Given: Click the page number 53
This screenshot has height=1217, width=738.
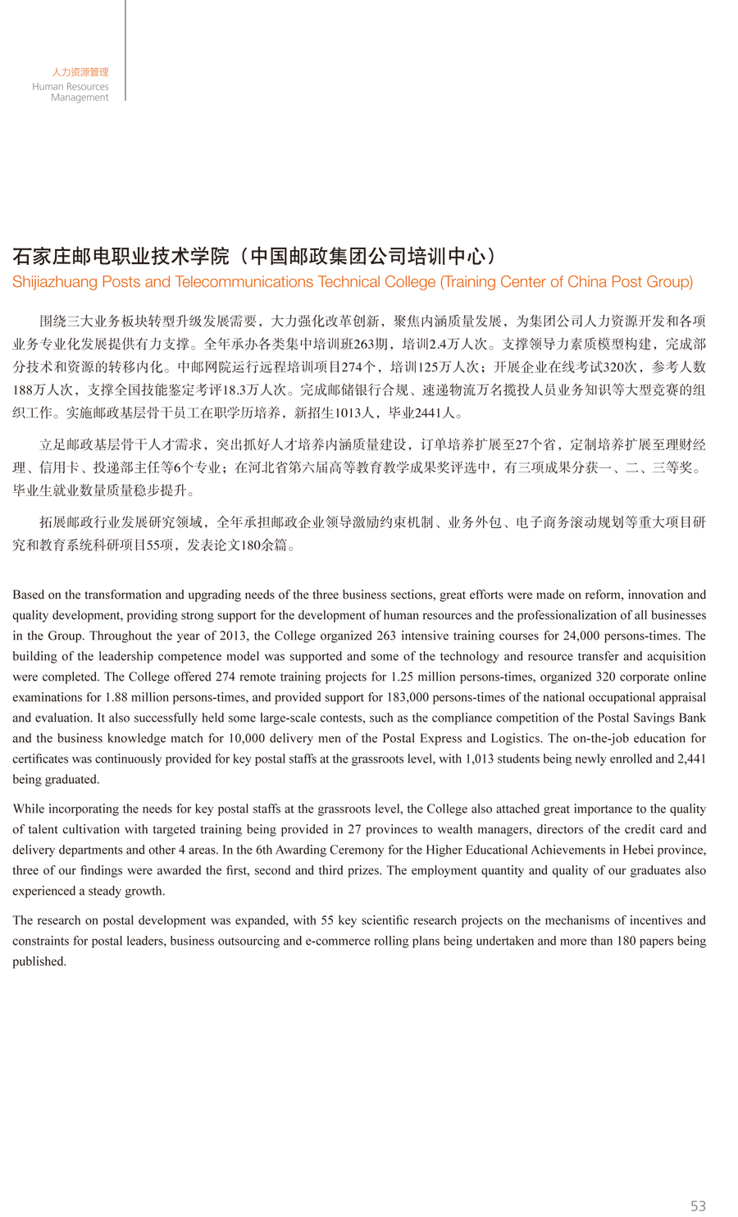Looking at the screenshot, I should click(698, 1206).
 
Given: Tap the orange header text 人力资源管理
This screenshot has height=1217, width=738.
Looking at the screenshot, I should click(80, 72).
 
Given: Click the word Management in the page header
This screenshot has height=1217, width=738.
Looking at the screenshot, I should click(80, 98).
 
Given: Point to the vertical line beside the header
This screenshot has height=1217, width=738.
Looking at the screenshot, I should click(125, 49).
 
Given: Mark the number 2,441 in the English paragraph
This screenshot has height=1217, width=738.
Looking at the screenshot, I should click(690, 759).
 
